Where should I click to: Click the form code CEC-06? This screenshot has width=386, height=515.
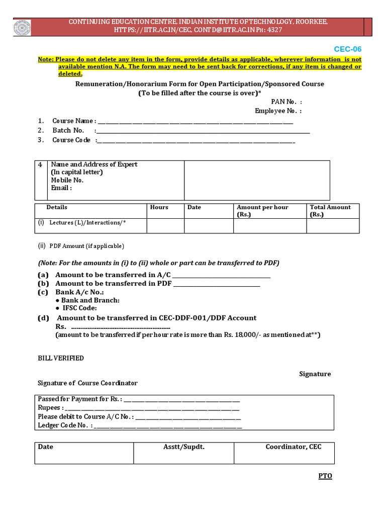click(347, 49)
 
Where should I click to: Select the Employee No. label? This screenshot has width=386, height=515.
click(278, 111)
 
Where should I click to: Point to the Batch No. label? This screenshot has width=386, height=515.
click(68, 130)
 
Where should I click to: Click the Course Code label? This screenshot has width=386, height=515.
click(71, 140)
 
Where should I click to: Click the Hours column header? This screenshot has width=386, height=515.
click(159, 207)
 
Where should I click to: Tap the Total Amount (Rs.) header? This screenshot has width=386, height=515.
click(330, 211)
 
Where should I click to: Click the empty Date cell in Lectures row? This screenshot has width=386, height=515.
click(209, 226)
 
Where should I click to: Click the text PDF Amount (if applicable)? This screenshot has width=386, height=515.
click(86, 246)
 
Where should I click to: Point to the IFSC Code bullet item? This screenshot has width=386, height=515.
click(78, 308)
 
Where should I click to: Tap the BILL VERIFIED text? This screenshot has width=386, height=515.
click(61, 358)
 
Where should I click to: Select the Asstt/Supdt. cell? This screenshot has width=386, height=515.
click(184, 447)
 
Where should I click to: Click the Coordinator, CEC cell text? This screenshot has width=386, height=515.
click(294, 447)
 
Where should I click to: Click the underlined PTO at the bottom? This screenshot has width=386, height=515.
click(325, 476)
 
